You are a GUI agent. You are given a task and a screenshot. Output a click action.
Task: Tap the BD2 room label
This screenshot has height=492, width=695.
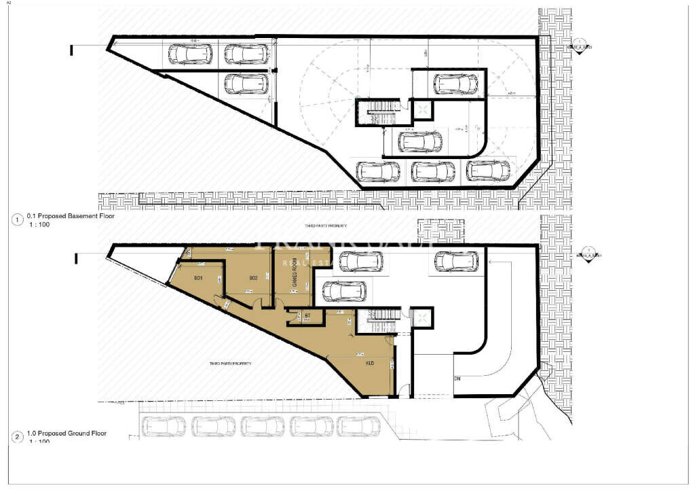pos(253,278)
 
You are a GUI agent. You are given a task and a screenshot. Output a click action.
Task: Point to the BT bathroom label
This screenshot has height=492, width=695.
pos(307,315)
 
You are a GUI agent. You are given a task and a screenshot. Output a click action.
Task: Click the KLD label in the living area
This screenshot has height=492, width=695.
pos(370,363)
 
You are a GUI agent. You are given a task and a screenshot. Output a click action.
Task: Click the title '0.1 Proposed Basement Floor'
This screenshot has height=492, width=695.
pos(71,216)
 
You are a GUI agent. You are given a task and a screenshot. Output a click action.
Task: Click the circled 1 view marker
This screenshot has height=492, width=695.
pos(17,219)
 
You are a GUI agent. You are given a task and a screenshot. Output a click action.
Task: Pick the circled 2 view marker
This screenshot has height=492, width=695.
pos(17,436)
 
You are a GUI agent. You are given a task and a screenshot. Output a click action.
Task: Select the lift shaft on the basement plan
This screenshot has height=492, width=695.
pos(422,110)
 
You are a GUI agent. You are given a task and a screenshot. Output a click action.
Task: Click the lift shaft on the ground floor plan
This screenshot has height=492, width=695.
pos(422,317)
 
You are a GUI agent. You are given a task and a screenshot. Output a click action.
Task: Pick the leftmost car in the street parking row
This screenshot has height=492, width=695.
pos(160,426)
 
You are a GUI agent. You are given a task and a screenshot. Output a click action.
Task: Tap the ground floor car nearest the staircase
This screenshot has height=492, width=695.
pos(345,292)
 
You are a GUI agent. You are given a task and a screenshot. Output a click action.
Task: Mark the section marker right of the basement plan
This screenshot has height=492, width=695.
pos(580,46)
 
